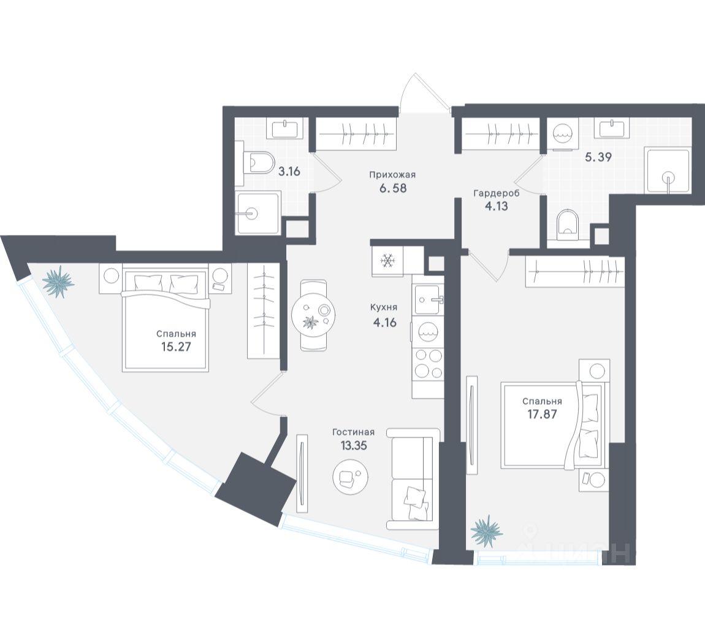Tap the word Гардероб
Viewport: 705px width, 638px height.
point(496,193)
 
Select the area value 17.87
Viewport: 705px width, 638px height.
point(542,413)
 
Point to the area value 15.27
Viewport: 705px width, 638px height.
point(175,346)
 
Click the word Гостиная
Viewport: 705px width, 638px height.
point(352,432)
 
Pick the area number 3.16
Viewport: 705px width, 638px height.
point(289,171)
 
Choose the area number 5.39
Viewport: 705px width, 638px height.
point(598,156)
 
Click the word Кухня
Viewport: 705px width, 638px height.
point(384,307)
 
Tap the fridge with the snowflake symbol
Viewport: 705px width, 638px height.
point(388,261)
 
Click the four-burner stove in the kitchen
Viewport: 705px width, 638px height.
point(428,363)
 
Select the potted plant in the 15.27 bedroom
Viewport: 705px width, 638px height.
point(59,282)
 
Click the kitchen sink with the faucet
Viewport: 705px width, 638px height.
point(428,299)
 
